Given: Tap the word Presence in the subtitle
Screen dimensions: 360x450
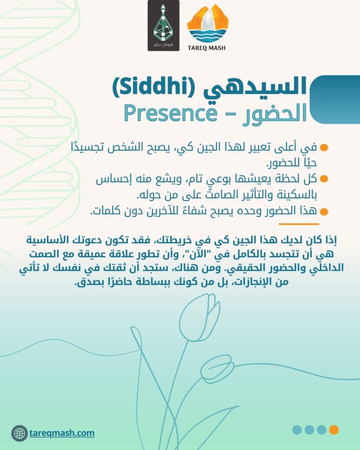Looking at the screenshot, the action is click(x=171, y=114).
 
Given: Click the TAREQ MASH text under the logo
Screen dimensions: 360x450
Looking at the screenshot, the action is click(x=207, y=48).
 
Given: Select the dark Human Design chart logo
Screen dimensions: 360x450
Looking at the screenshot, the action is click(x=164, y=25).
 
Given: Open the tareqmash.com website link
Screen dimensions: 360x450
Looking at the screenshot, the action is click(x=62, y=433).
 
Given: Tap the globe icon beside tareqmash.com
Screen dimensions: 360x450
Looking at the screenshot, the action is click(x=19, y=433).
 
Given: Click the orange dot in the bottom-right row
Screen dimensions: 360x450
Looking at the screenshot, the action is click(x=334, y=430).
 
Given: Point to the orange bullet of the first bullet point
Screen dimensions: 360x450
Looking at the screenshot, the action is click(x=324, y=148).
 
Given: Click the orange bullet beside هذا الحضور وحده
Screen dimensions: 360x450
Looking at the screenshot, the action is click(x=324, y=212).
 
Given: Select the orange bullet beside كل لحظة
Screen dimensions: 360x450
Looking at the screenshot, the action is click(x=324, y=179).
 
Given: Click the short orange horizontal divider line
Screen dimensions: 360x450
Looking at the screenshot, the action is click(x=299, y=224).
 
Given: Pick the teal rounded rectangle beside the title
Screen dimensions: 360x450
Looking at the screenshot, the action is click(x=335, y=100).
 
